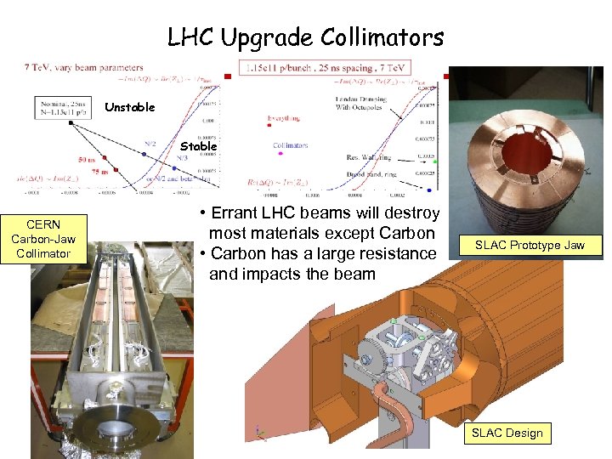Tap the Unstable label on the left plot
point(129,107)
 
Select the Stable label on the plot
point(198,146)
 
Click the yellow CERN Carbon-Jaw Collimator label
point(43,239)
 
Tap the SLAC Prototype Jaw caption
point(530,245)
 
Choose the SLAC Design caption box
point(507,433)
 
